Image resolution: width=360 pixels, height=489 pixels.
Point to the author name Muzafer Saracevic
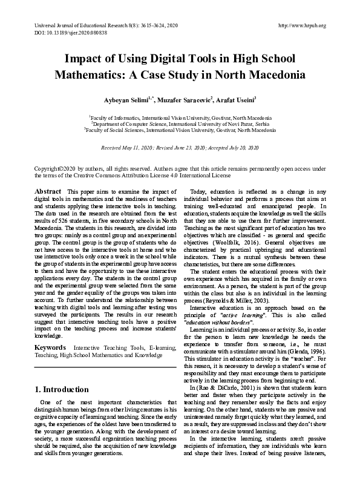(x=185, y=98)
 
